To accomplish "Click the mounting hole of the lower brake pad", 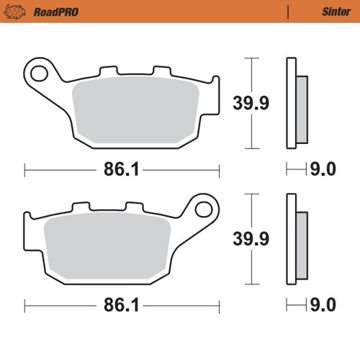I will tap(204, 210).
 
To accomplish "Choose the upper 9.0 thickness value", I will tap(323, 170).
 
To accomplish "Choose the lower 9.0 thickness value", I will tap(323, 305).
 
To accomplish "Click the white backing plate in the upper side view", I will tap(291, 102).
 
